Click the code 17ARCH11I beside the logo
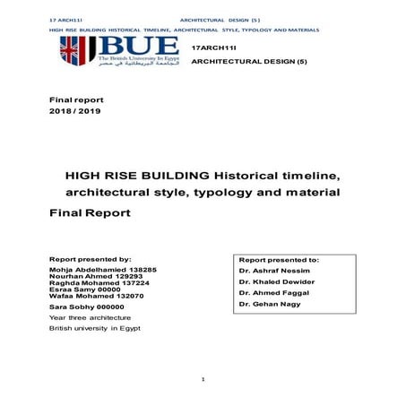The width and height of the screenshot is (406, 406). click(212, 45)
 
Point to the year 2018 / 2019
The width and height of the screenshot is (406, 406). click(74, 113)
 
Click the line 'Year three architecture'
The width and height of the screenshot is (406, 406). click(90, 318)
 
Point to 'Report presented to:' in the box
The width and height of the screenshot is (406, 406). click(279, 259)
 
